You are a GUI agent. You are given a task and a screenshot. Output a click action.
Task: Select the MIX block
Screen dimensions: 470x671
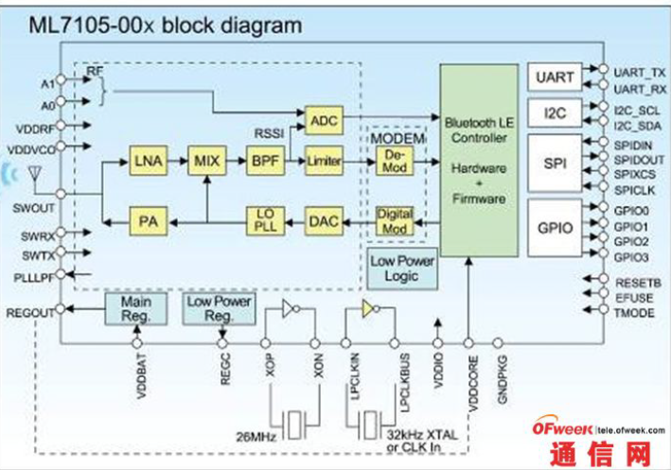[205, 162]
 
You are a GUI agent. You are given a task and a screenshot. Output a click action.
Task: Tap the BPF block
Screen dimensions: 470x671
[264, 162]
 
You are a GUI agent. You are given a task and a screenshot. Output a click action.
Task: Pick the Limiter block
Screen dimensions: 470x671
[324, 162]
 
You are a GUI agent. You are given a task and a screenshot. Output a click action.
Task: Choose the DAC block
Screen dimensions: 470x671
[324, 221]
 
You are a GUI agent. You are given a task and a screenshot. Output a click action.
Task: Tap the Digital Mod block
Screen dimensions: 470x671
[394, 221]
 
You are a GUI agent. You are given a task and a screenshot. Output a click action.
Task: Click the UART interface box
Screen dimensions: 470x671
[556, 77]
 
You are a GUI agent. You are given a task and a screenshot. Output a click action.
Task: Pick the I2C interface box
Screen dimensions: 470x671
[556, 114]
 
